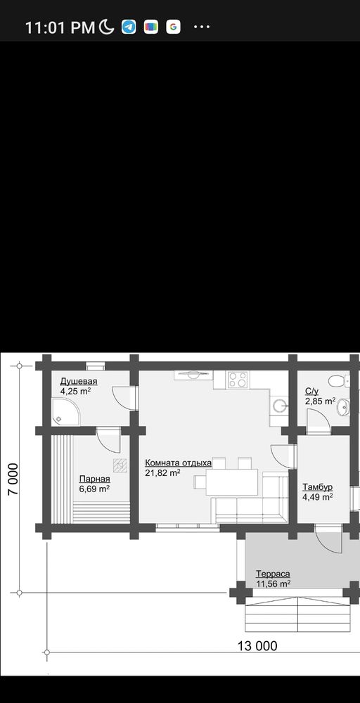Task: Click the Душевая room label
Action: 79,382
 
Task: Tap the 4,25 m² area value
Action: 76,390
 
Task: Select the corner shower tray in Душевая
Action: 65,411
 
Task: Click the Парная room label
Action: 95,479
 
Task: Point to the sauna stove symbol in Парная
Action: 120,465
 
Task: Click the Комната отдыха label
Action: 178,463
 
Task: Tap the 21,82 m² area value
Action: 162,472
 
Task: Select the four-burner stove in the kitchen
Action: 237,380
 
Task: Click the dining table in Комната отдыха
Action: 232,482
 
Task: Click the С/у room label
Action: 311,392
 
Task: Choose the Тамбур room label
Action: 317,487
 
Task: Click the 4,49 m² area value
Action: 317,496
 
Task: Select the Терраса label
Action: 273,574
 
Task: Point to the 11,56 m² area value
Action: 273,583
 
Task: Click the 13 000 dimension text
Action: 257,645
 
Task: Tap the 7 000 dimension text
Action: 13,479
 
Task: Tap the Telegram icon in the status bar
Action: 129,27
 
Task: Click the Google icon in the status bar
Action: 173,27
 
